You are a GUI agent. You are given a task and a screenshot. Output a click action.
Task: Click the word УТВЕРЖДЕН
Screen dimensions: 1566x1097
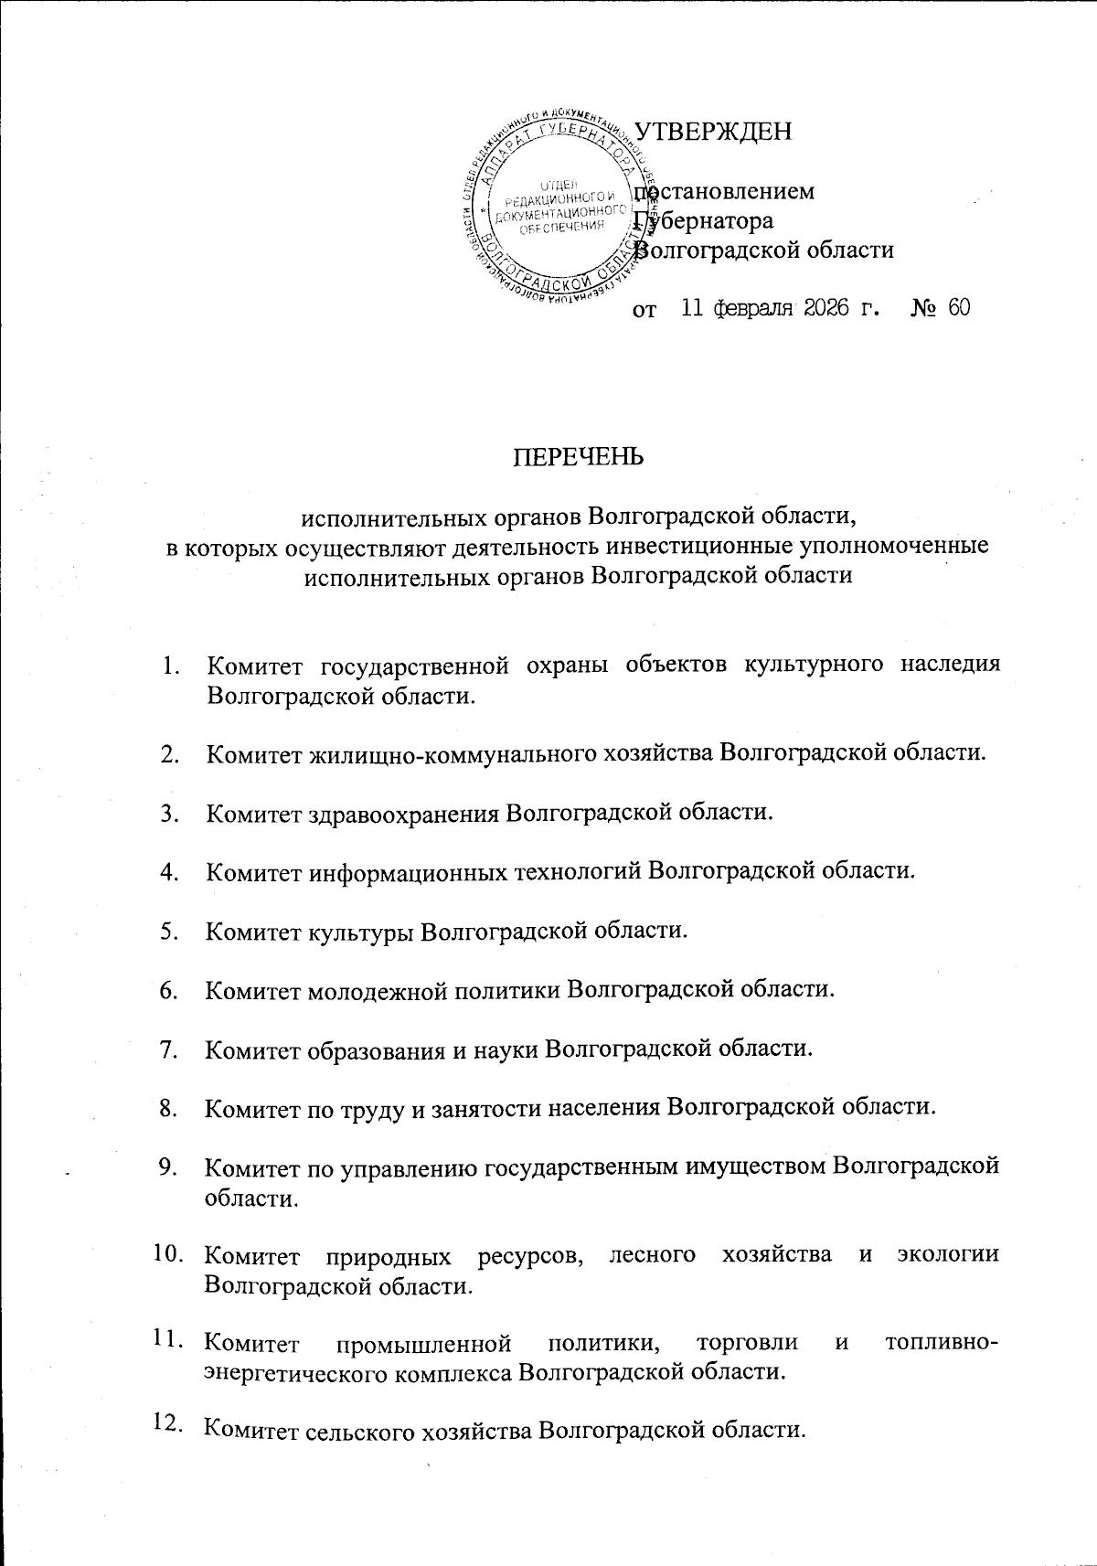coord(713,132)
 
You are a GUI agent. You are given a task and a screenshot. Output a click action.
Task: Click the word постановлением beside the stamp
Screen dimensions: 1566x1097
coord(725,192)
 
